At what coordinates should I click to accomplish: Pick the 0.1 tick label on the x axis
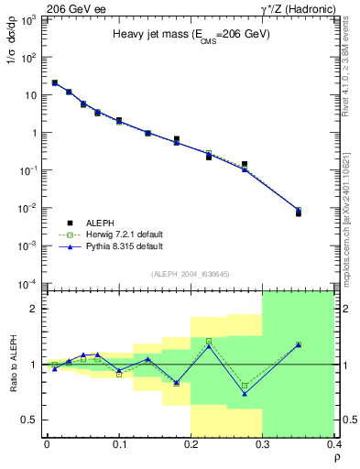tap(119, 445)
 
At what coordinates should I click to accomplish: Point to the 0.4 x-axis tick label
tap(333, 445)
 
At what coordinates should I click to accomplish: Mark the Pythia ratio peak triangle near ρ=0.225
tap(209, 345)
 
